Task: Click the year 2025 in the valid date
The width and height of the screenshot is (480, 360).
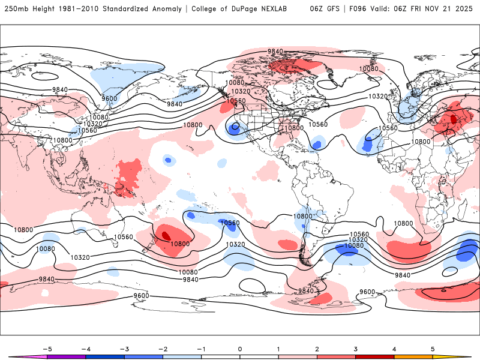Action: (463, 9)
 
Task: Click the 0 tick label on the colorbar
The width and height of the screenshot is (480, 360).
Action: (239, 349)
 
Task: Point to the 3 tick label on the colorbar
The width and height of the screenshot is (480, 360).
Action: (355, 349)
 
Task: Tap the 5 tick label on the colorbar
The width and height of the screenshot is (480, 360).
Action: (433, 349)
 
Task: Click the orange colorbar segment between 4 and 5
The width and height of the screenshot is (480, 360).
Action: (413, 356)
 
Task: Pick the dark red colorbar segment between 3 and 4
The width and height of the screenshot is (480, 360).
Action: (374, 356)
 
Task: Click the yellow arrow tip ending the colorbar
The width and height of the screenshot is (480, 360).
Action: (462, 356)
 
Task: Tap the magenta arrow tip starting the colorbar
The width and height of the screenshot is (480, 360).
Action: (17, 356)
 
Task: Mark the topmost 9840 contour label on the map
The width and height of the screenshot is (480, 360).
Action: (275, 52)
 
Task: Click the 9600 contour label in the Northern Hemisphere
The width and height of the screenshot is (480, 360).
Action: (109, 98)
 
